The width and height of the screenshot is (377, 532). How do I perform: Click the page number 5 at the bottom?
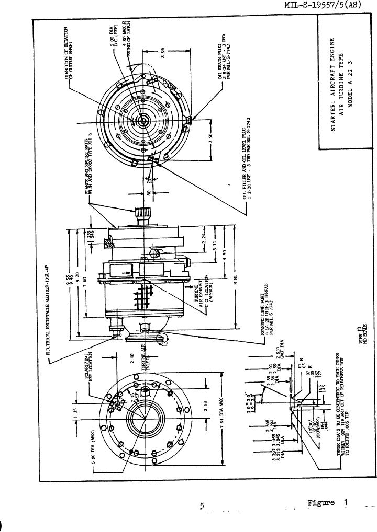(202, 506)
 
